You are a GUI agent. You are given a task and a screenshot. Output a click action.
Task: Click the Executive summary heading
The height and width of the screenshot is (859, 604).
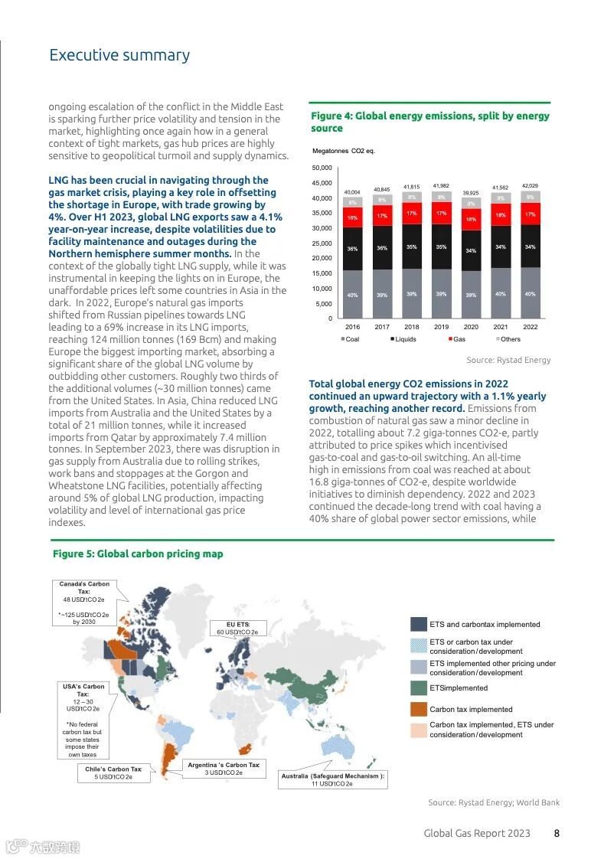(119, 55)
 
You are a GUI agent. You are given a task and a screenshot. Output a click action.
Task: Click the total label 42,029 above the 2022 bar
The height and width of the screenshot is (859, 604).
(530, 186)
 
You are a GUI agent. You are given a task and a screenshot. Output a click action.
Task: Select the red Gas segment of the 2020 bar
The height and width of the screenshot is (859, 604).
(471, 219)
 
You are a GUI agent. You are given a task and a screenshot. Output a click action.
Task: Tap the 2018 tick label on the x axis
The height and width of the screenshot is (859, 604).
(412, 327)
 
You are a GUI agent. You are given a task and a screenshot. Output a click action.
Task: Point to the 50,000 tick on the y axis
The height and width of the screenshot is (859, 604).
(322, 168)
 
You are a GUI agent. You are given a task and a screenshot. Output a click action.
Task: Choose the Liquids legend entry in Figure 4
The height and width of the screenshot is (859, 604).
(403, 339)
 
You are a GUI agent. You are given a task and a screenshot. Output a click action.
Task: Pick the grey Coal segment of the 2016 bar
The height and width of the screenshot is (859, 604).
(352, 294)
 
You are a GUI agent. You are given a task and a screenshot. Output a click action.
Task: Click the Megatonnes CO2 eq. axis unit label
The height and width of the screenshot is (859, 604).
(342, 150)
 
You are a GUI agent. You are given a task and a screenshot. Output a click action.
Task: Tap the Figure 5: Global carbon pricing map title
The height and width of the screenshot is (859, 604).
(138, 554)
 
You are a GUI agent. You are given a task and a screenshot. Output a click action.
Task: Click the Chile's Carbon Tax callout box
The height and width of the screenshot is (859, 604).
(115, 773)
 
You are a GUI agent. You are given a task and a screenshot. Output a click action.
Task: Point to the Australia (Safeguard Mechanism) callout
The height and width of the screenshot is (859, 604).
(333, 779)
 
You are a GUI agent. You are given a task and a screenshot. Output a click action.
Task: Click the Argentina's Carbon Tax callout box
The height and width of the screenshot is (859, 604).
(224, 769)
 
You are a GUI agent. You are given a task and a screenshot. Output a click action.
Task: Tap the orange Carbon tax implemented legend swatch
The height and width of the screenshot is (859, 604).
(418, 709)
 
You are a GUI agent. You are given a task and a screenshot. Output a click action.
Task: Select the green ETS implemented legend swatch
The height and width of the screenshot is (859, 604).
(418, 688)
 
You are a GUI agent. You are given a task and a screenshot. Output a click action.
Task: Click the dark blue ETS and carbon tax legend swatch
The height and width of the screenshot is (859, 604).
(418, 624)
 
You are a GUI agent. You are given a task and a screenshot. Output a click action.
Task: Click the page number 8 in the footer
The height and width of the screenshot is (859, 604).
(557, 833)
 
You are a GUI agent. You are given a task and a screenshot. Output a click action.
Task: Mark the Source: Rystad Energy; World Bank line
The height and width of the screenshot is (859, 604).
(494, 802)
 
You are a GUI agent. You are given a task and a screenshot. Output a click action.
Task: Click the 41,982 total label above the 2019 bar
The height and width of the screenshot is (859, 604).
(441, 186)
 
